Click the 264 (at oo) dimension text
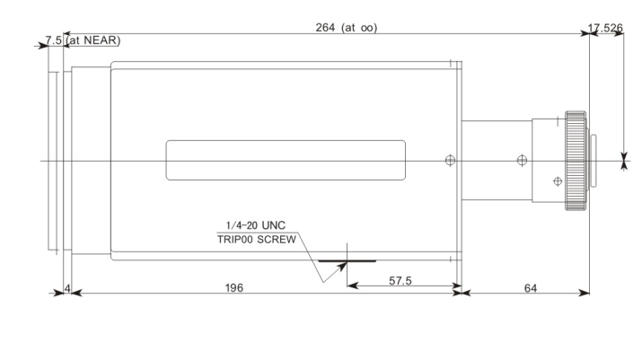click(347, 28)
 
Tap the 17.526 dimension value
click(605, 28)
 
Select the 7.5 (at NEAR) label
click(84, 40)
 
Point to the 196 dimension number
click(234, 288)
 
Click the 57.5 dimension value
click(400, 281)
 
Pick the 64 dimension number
click(531, 288)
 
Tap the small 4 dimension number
click(67, 288)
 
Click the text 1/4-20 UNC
click(256, 225)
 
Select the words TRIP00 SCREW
click(257, 239)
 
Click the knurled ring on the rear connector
click(576, 161)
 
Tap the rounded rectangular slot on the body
click(286, 160)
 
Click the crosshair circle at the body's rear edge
click(450, 160)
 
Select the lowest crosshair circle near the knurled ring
click(558, 181)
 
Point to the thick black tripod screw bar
click(347, 260)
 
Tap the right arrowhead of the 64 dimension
click(584, 293)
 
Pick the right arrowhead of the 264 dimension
click(584, 33)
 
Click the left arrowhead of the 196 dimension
click(76, 293)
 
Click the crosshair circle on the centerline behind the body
click(522, 160)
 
